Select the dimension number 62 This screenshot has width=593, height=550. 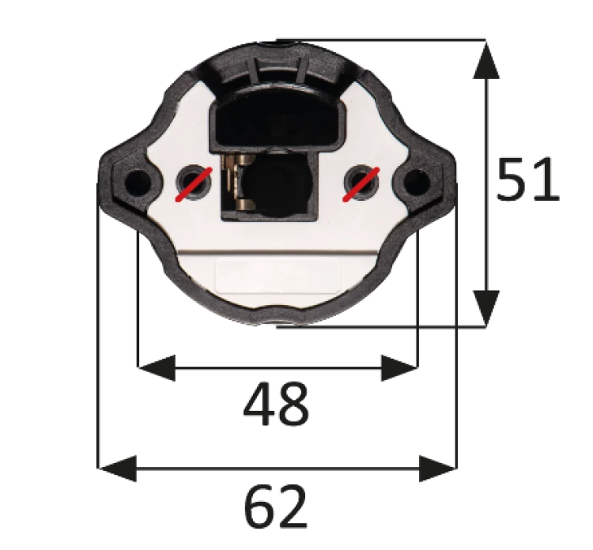coord(275,507)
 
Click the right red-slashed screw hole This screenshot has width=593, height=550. coord(362,183)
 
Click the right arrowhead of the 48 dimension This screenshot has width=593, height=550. coord(398,367)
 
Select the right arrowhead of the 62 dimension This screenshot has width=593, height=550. coord(438,468)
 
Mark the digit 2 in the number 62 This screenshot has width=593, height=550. coord(292,507)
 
